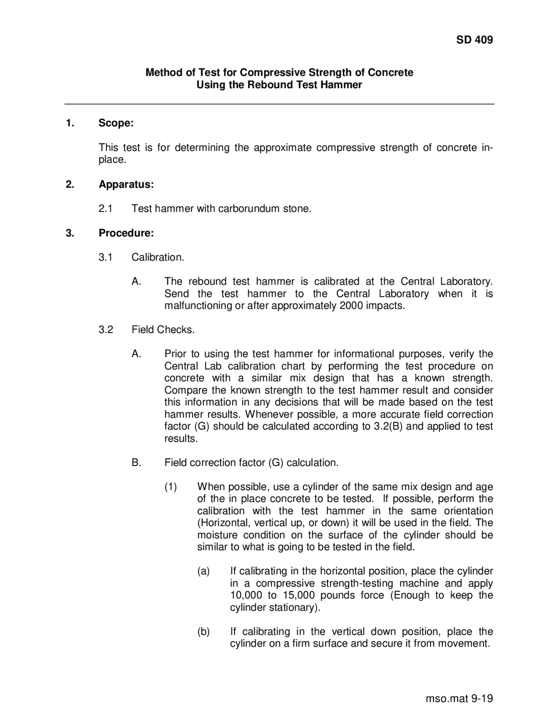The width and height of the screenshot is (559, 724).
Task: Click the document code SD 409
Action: click(x=474, y=40)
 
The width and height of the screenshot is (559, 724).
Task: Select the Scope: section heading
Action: click(x=116, y=123)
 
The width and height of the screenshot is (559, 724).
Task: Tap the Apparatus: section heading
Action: click(x=126, y=184)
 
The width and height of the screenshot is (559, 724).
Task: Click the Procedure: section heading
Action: click(x=126, y=233)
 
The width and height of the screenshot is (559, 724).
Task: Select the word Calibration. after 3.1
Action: click(x=158, y=257)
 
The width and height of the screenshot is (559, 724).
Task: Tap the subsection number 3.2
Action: click(x=106, y=330)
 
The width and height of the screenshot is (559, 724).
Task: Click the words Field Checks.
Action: click(x=163, y=330)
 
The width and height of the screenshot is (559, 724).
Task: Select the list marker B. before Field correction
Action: click(x=136, y=463)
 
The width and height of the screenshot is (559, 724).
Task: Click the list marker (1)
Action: click(x=170, y=487)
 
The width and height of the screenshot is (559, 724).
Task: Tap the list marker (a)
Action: click(x=204, y=571)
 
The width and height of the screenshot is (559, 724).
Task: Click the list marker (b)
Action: click(x=204, y=631)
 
